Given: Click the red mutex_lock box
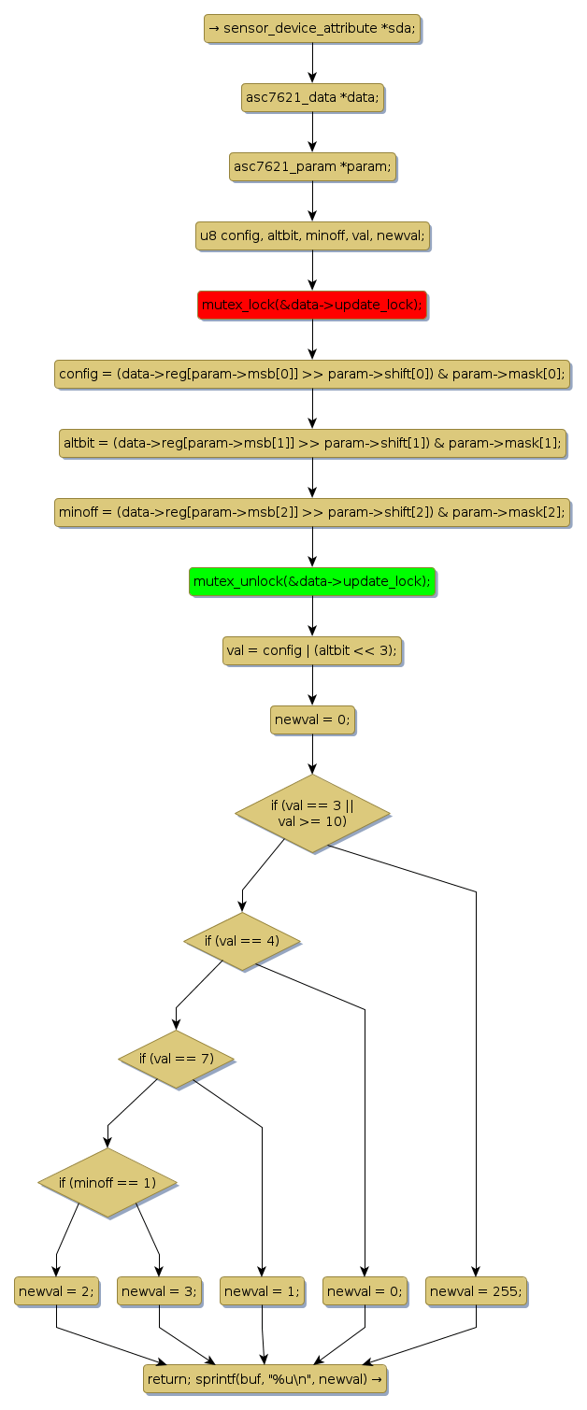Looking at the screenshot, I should (312, 305).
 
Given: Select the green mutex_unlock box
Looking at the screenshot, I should (312, 582).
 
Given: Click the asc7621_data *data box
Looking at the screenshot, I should (312, 97).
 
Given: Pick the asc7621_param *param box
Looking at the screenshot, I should (312, 166).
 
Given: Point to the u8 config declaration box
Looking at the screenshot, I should (312, 235).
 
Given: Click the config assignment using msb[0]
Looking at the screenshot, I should (312, 375).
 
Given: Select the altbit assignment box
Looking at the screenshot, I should (312, 443).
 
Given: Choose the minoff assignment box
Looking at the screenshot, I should (312, 512).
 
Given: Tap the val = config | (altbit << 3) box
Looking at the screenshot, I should (312, 650).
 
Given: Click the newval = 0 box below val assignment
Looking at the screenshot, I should (312, 719).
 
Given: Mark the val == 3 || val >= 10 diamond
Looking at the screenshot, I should (312, 813).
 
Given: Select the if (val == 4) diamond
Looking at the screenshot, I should (242, 940).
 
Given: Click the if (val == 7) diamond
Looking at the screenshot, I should (176, 1059).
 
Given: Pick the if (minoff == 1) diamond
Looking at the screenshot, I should (107, 1182).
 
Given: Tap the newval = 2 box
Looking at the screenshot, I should (56, 1290).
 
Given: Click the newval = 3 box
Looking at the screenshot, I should (159, 1290).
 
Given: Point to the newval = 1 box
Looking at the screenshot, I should (262, 1290).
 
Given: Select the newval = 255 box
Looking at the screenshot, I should (476, 1290).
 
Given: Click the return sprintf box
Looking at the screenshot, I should (265, 1378).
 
